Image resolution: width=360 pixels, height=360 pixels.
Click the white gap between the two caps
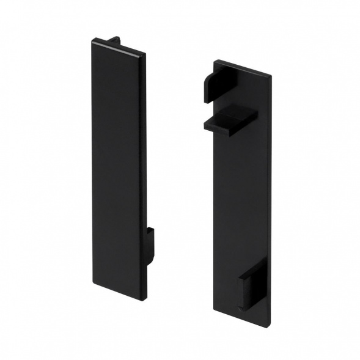pos(180,183)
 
